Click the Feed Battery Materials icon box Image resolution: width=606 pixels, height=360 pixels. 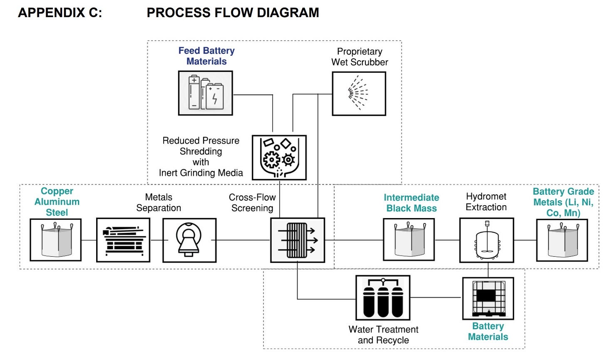205,93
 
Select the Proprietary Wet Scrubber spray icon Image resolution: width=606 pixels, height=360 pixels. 359,94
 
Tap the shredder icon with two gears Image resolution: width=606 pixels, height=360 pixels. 279,157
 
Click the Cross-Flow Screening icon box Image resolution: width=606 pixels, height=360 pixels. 297,240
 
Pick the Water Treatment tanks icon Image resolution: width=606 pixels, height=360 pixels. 383,298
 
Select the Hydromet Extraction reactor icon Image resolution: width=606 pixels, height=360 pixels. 486,240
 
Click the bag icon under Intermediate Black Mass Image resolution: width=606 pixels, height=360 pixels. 409,240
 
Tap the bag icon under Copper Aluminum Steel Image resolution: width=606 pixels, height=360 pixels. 55,240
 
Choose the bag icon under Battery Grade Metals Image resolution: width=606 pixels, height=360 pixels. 562,240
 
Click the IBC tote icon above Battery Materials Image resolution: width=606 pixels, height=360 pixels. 488,298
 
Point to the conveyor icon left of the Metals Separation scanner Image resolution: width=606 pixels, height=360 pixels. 123,240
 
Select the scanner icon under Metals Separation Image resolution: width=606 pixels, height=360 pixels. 189,240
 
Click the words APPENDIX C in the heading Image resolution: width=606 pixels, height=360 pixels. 60,13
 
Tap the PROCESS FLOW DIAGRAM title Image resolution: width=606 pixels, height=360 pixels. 233,13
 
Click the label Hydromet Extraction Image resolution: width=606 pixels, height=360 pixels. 486,202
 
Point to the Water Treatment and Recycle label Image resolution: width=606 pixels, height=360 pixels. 383,335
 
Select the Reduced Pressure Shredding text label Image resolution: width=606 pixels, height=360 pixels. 201,157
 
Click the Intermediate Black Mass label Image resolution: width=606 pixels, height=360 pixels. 411,203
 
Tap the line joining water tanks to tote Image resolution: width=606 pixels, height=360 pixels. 436,298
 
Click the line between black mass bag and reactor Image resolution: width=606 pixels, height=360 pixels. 447,240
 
